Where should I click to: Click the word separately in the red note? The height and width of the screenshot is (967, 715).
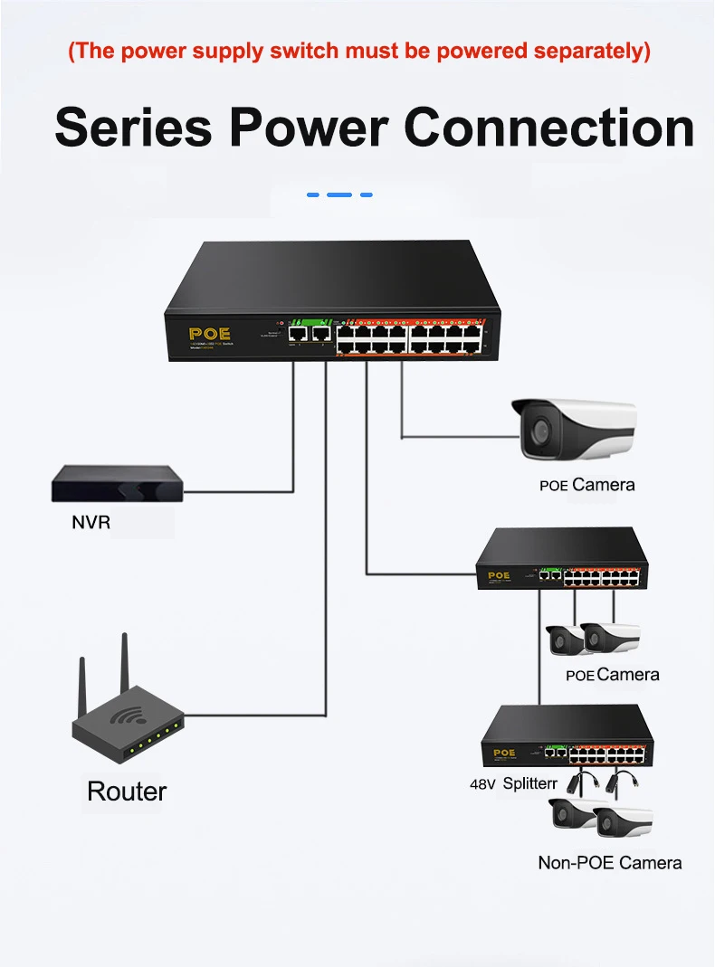click(x=590, y=50)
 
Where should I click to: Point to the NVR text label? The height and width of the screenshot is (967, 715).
click(x=91, y=523)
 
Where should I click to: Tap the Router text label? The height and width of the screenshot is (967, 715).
click(x=127, y=792)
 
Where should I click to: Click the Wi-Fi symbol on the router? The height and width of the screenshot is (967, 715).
click(x=126, y=716)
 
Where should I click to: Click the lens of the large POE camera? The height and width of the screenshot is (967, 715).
click(x=539, y=431)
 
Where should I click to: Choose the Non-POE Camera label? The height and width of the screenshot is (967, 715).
click(x=609, y=863)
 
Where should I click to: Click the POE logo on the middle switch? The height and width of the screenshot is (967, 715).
click(x=499, y=575)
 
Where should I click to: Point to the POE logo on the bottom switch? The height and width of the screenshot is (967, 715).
click(x=504, y=753)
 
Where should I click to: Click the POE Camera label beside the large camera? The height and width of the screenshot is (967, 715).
click(x=587, y=485)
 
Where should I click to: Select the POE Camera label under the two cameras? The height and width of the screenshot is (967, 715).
click(x=613, y=675)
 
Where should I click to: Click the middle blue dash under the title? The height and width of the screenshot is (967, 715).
click(x=339, y=194)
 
